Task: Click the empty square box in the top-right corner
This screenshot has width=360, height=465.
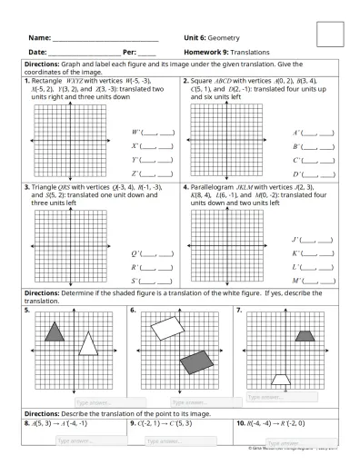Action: [x=330, y=35]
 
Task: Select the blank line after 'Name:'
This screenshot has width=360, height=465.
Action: [x=105, y=39]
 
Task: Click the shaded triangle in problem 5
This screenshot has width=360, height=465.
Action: [x=55, y=331]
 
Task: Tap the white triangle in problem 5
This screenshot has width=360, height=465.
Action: [x=88, y=343]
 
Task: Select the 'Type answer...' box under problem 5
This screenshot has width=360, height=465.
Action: [x=108, y=401]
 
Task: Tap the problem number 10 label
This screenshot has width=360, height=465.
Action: [x=241, y=423]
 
